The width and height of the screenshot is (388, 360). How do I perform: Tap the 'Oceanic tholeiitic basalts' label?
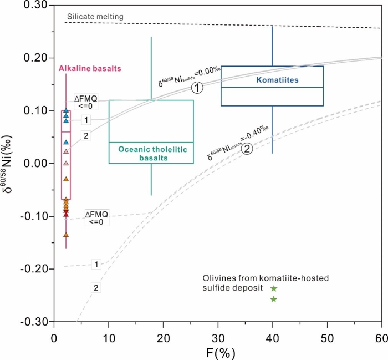point(151,154)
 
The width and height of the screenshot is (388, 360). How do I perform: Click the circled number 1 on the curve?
point(198,88)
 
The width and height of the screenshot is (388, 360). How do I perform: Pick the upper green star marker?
point(273,288)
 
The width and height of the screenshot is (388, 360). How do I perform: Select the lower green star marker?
point(273,300)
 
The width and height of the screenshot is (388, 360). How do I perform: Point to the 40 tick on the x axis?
point(272,336)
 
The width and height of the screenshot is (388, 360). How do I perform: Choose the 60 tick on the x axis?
point(381,336)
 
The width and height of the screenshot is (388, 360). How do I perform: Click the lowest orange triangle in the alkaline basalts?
point(66,235)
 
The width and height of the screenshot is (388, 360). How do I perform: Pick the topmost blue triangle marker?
point(66,110)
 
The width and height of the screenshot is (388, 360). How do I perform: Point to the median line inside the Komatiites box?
point(272,87)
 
